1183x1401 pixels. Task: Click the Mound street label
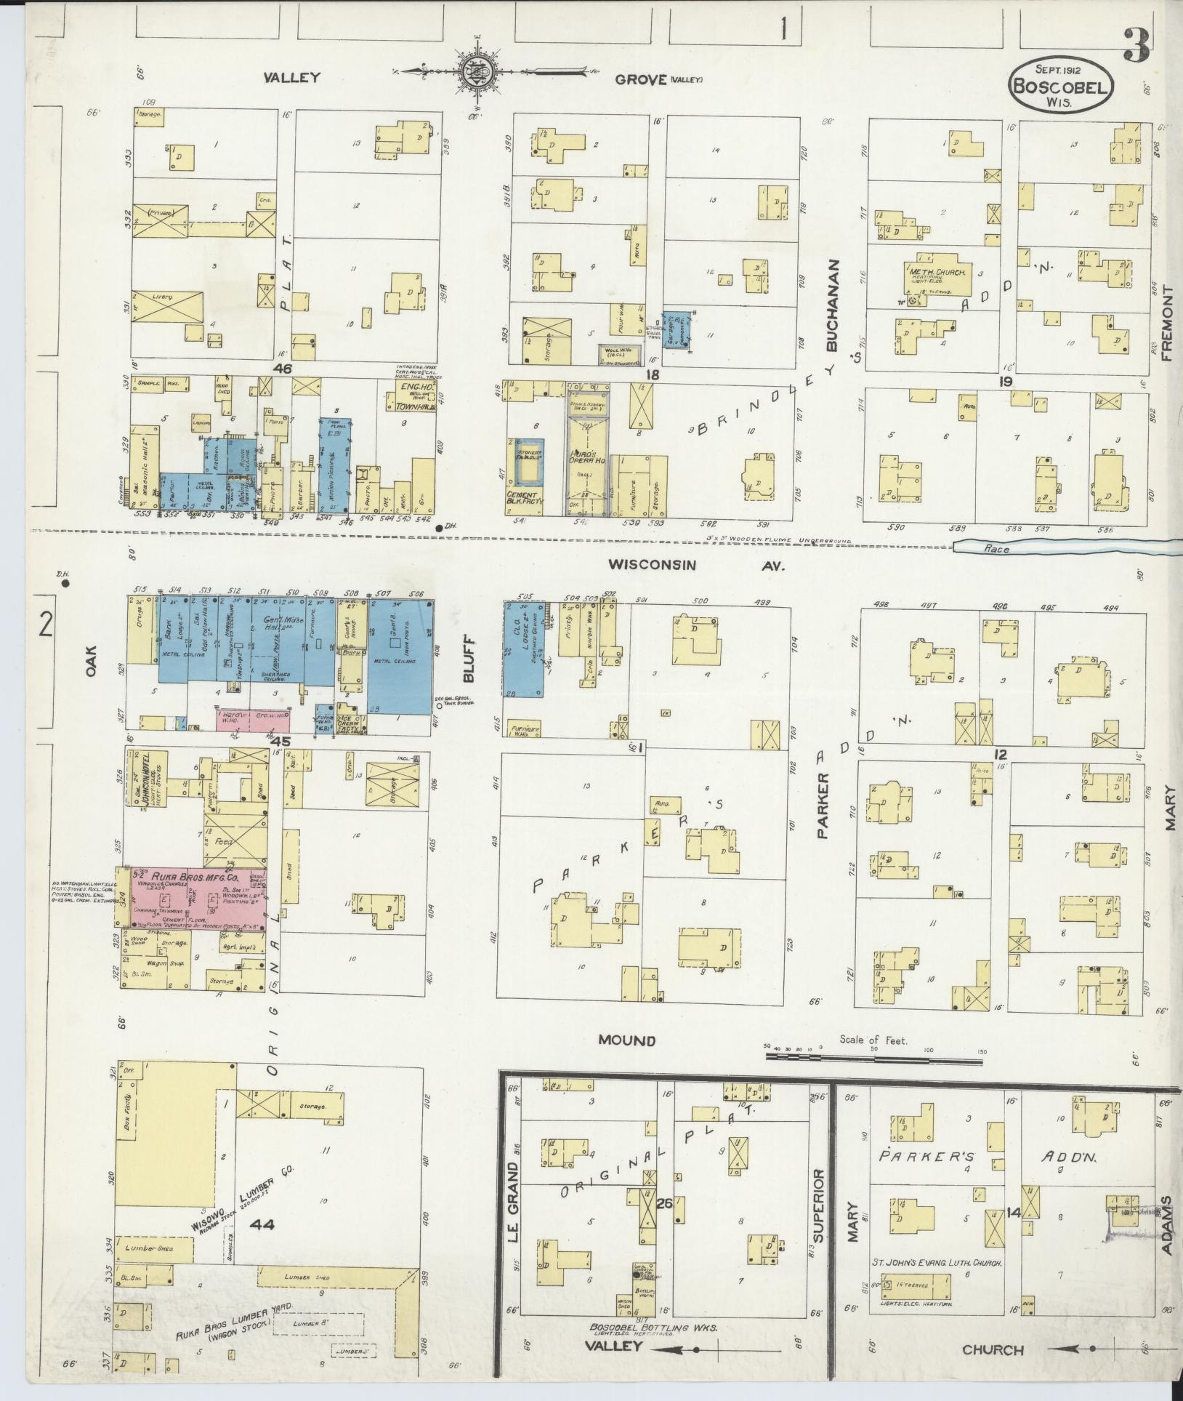click(626, 1040)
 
